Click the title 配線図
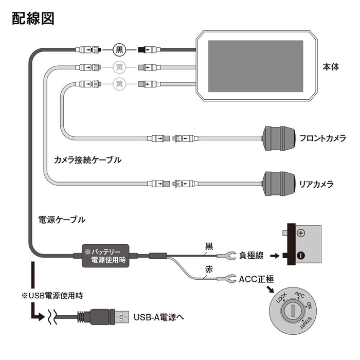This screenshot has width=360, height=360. pyautogui.click(x=32, y=19)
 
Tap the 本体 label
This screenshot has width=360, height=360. pyautogui.click(x=331, y=67)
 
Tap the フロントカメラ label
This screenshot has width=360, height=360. pyautogui.click(x=323, y=138)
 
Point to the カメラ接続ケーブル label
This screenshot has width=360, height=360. pyautogui.click(x=87, y=160)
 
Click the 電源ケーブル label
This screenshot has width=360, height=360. pyautogui.click(x=62, y=219)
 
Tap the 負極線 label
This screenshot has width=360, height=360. pyautogui.click(x=253, y=255)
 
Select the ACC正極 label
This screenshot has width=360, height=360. pyautogui.click(x=257, y=279)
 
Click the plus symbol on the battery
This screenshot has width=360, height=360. pyautogui.click(x=301, y=233)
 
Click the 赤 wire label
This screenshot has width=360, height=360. pyautogui.click(x=210, y=269)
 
